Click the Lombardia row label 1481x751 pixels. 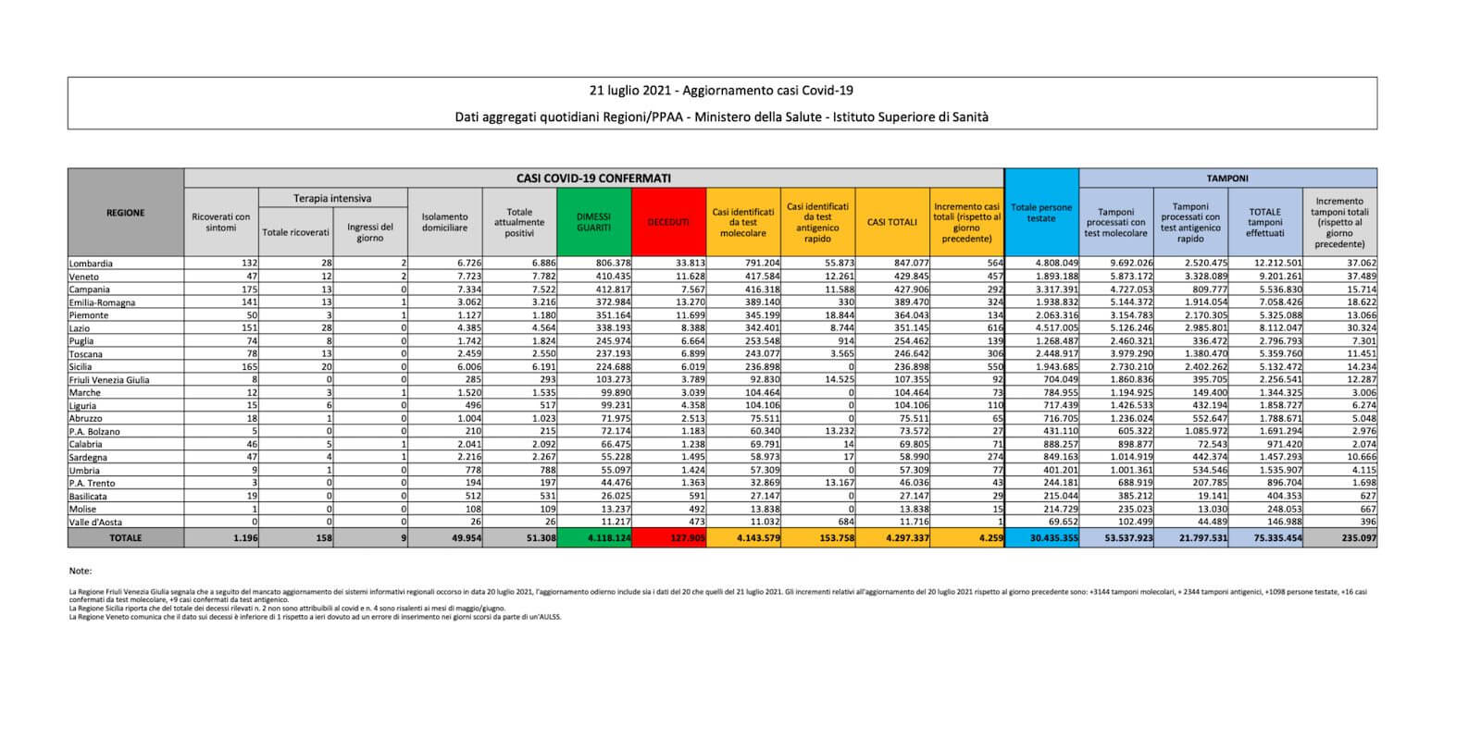91,264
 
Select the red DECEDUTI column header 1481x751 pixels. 668,222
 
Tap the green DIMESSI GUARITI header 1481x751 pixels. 593,222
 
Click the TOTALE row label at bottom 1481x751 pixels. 126,537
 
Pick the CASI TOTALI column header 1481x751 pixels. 892,222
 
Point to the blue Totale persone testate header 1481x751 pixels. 1041,213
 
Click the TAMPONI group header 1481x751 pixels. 1227,178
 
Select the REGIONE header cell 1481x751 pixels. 126,213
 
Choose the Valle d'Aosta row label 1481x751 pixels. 96,523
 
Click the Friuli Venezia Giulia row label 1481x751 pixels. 109,380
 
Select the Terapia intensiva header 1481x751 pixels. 332,198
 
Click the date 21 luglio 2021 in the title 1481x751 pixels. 629,91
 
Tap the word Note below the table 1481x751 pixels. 81,572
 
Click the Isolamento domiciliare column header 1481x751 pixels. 445,222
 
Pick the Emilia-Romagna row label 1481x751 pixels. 102,302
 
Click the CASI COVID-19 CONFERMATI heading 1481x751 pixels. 593,178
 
